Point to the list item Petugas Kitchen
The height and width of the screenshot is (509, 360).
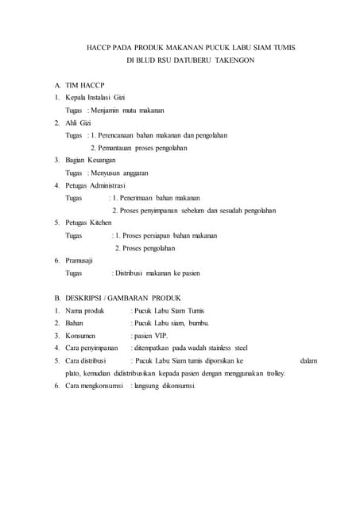(x=89, y=223)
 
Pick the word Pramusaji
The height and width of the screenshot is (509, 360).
(x=80, y=261)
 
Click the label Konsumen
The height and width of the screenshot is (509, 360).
(x=82, y=336)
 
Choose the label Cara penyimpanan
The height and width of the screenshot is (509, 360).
(x=91, y=348)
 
